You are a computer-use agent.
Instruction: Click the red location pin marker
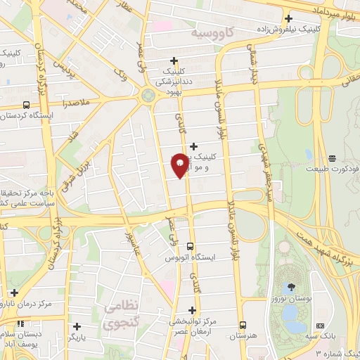coord(179,164)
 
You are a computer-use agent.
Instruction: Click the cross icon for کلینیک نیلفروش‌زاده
coord(288,19)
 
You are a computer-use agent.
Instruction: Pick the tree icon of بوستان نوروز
coord(290,286)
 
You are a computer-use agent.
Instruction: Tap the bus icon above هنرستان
coord(243,326)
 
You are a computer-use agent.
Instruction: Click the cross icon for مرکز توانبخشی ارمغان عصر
coord(192,310)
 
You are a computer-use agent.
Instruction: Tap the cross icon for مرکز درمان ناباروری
coord(14,292)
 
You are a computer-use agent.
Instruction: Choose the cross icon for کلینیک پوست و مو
coord(194,146)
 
